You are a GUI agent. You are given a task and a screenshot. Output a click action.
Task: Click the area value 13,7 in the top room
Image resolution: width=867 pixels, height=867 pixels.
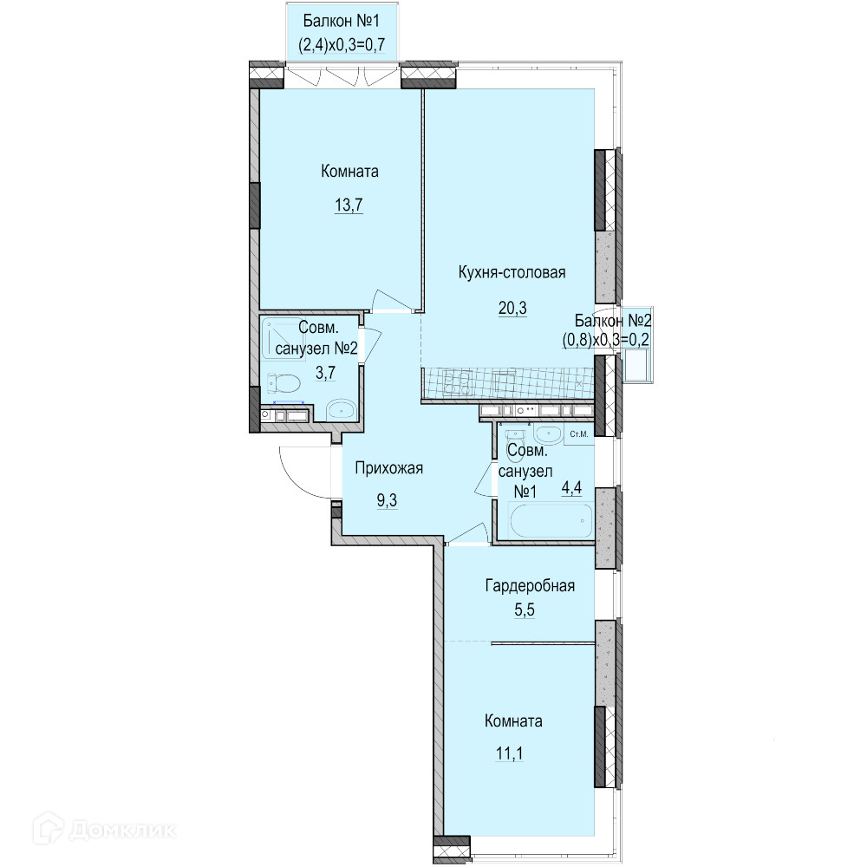pos(349,205)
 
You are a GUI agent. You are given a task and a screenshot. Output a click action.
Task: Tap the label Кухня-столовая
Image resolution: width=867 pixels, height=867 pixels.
pos(512,272)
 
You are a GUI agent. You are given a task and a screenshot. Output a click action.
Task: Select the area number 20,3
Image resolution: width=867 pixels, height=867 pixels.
pos(512,308)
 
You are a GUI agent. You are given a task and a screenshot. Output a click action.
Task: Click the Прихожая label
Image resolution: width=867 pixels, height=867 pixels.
pos(388,468)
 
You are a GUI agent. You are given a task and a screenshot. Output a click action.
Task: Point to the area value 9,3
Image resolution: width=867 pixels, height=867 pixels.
pos(387,500)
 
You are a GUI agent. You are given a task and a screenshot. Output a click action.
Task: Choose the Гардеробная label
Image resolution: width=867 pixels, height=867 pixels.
pos(530,585)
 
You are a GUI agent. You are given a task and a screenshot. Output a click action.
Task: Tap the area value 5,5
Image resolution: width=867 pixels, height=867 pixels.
pos(525,610)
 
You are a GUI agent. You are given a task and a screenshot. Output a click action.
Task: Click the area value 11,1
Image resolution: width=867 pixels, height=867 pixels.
pos(510,753)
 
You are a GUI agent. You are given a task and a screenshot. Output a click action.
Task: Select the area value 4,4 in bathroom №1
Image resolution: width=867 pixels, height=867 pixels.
pos(571,488)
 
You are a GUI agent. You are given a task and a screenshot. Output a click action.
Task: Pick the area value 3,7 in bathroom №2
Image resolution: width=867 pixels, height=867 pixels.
pos(326,373)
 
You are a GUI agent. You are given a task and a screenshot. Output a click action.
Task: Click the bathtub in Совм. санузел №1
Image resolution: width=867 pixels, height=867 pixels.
pos(551,520)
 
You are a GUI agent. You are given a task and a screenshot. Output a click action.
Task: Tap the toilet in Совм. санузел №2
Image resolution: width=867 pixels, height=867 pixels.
pos(284,382)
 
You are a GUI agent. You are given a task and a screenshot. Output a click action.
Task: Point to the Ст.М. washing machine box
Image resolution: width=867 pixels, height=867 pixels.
pos(579,434)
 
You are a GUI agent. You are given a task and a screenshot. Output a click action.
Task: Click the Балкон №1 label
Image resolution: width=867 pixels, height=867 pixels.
pos(341,21)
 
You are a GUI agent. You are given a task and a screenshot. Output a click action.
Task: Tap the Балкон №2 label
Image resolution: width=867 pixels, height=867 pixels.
pos(613,320)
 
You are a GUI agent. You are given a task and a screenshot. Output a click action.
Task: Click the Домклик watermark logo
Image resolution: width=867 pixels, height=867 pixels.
pos(105,829)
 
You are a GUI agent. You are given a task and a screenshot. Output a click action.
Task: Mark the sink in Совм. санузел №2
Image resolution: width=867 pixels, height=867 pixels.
pos(342,410)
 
